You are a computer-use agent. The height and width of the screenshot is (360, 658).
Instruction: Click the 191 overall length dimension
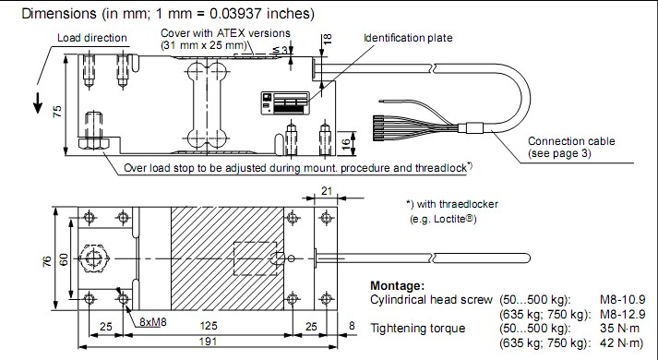[208, 342]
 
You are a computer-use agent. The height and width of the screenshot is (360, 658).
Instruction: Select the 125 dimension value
[209, 326]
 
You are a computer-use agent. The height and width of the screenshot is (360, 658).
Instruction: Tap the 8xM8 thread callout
[153, 322]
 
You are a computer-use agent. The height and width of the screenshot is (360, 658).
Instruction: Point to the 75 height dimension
[57, 111]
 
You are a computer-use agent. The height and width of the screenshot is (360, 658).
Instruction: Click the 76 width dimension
[47, 260]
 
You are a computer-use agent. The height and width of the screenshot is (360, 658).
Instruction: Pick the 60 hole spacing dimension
[64, 259]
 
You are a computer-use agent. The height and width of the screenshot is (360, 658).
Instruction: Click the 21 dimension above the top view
[327, 191]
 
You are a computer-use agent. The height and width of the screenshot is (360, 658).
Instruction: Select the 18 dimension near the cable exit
[329, 39]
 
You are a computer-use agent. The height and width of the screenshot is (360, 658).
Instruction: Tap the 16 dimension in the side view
[345, 144]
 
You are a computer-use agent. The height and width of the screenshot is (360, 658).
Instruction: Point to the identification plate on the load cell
[285, 103]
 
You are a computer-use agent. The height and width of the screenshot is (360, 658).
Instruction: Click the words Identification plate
[408, 38]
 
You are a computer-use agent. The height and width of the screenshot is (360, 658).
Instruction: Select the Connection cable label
[571, 141]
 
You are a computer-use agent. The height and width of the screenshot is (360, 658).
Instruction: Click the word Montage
[397, 286]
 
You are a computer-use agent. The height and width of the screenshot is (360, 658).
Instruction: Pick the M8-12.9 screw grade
[622, 314]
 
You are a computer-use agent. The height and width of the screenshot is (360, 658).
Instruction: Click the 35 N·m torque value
[619, 328]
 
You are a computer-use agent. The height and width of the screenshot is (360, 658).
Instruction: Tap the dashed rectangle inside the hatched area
[255, 242]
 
